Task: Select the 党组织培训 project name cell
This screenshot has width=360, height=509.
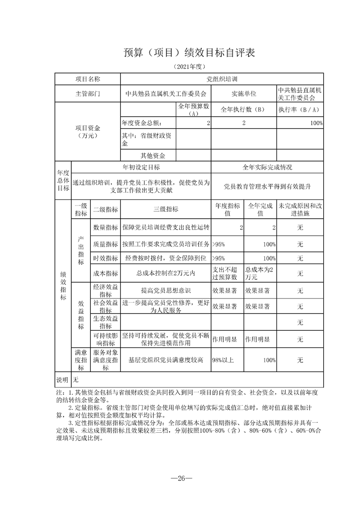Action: tap(222, 79)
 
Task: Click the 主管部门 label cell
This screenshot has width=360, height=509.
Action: tap(88, 94)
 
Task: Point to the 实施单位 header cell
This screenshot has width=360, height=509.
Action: tap(244, 94)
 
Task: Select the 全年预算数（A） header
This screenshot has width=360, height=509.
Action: tap(193, 109)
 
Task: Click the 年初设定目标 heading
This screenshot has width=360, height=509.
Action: tap(141, 167)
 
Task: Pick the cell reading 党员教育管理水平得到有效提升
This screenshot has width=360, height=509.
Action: tap(267, 186)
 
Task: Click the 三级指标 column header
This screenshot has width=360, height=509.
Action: tap(166, 209)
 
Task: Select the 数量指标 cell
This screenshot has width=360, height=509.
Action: tap(105, 227)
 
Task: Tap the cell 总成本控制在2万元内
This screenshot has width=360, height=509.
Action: tap(166, 273)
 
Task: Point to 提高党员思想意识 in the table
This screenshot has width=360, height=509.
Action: tap(166, 290)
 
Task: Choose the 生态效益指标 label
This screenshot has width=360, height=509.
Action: tap(105, 322)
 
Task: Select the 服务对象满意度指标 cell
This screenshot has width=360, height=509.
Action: tap(105, 360)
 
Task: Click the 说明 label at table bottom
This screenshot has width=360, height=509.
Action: tap(62, 379)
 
